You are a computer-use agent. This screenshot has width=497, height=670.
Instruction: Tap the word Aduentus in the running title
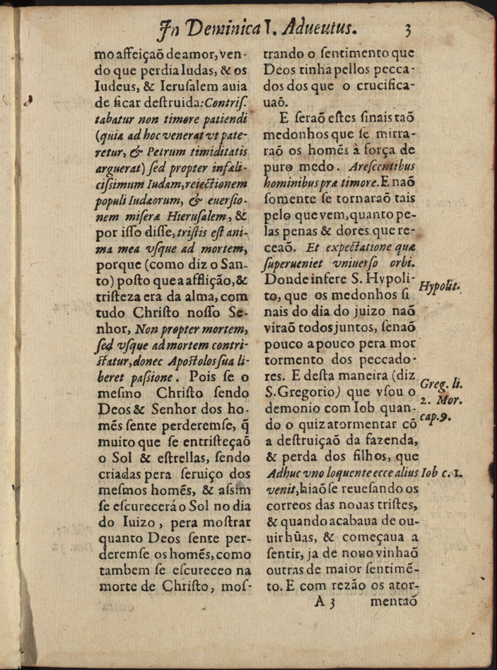coord(320,28)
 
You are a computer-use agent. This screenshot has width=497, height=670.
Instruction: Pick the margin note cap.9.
coord(437,418)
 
